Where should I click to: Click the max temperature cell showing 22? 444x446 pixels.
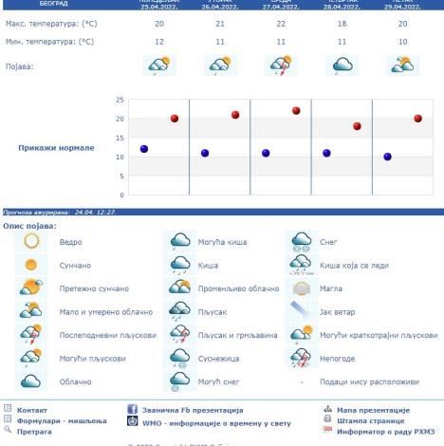click(x=281, y=22)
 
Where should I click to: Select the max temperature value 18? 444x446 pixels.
click(x=342, y=22)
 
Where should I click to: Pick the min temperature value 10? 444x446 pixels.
click(x=403, y=43)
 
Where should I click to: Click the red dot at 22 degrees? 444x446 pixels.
click(x=296, y=111)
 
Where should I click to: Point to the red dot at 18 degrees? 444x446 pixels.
click(x=357, y=126)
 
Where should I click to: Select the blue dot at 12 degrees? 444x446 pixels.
click(x=144, y=149)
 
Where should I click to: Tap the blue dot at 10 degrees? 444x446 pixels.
click(x=387, y=157)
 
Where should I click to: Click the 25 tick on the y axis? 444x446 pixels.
click(x=120, y=100)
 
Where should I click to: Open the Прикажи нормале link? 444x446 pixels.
click(x=56, y=148)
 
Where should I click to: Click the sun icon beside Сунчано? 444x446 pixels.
click(x=31, y=265)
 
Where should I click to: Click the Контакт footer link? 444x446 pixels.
click(x=32, y=410)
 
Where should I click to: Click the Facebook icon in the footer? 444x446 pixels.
click(x=133, y=410)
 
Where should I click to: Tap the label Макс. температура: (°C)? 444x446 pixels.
click(x=59, y=22)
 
